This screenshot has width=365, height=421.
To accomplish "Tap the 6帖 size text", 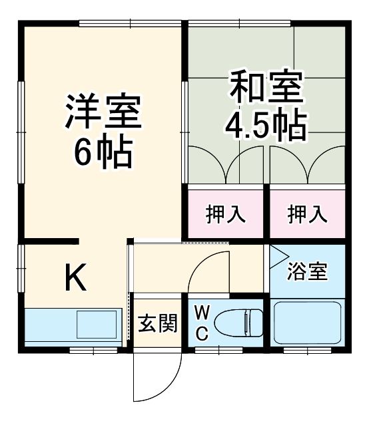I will (103, 152).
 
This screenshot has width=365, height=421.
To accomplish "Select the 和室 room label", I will (267, 86).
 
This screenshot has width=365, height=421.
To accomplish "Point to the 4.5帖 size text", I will (267, 124).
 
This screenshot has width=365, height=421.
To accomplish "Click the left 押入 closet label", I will (225, 215).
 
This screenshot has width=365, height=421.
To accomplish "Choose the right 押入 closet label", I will (308, 215).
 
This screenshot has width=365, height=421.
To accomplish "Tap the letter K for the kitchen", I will (75, 279).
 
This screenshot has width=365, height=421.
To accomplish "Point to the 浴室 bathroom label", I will (307, 273).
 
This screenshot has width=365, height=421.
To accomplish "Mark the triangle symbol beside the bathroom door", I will (276, 253).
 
